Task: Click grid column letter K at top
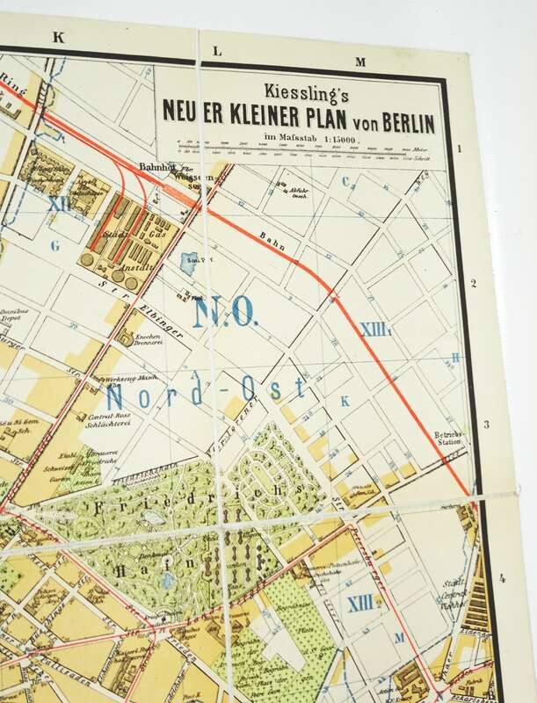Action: pyautogui.click(x=59, y=37)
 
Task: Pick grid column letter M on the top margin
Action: pyautogui.click(x=359, y=62)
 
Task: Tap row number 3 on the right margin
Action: pyautogui.click(x=485, y=425)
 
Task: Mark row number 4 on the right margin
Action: pyautogui.click(x=502, y=577)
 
